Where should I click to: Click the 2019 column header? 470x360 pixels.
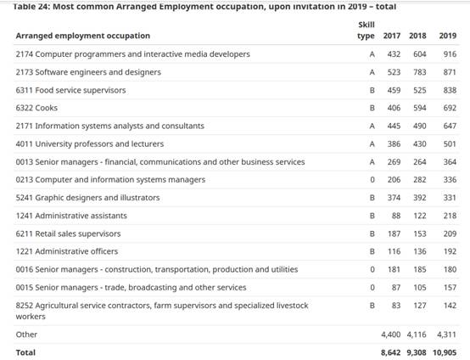pyautogui.click(x=448, y=36)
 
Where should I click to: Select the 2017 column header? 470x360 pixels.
pyautogui.click(x=392, y=36)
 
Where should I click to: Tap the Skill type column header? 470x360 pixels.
pyautogui.click(x=366, y=31)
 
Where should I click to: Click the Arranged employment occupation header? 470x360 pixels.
pyautogui.click(x=83, y=36)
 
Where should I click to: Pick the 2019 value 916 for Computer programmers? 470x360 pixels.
pyautogui.click(x=450, y=54)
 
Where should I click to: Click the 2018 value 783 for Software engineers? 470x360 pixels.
pyautogui.click(x=420, y=72)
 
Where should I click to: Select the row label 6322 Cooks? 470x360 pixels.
pyautogui.click(x=36, y=108)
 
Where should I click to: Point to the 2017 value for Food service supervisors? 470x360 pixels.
pyautogui.click(x=394, y=90)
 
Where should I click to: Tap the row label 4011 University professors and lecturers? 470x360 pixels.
pyautogui.click(x=90, y=144)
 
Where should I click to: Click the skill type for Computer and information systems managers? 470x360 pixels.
pyautogui.click(x=372, y=180)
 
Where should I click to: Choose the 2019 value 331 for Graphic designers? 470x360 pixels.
pyautogui.click(x=450, y=198)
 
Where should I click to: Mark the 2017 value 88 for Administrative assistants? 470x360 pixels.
pyautogui.click(x=396, y=216)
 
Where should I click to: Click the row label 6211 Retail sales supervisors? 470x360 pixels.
pyautogui.click(x=68, y=233)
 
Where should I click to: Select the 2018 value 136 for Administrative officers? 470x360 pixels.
pyautogui.click(x=420, y=251)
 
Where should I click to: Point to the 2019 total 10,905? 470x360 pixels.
pyautogui.click(x=445, y=353)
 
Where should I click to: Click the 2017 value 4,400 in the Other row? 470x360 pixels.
pyautogui.click(x=390, y=335)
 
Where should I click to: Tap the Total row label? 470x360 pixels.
pyautogui.click(x=25, y=352)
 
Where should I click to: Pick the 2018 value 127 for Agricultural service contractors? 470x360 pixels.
pyautogui.click(x=420, y=306)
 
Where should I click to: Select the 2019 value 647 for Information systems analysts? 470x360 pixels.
pyautogui.click(x=450, y=126)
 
